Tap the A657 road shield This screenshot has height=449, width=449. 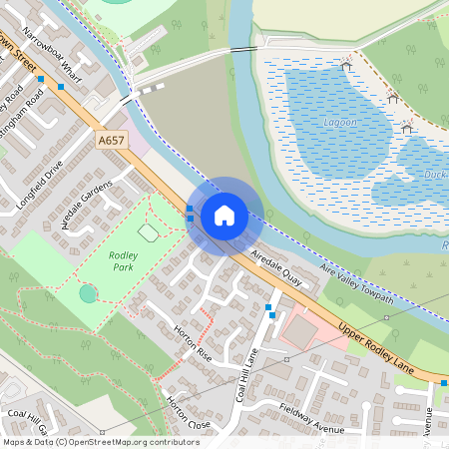[x=112, y=143]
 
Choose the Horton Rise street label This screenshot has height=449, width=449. [x=192, y=340]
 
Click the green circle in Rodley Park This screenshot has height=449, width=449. [x=89, y=293]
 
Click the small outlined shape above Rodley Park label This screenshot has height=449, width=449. [x=148, y=232]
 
